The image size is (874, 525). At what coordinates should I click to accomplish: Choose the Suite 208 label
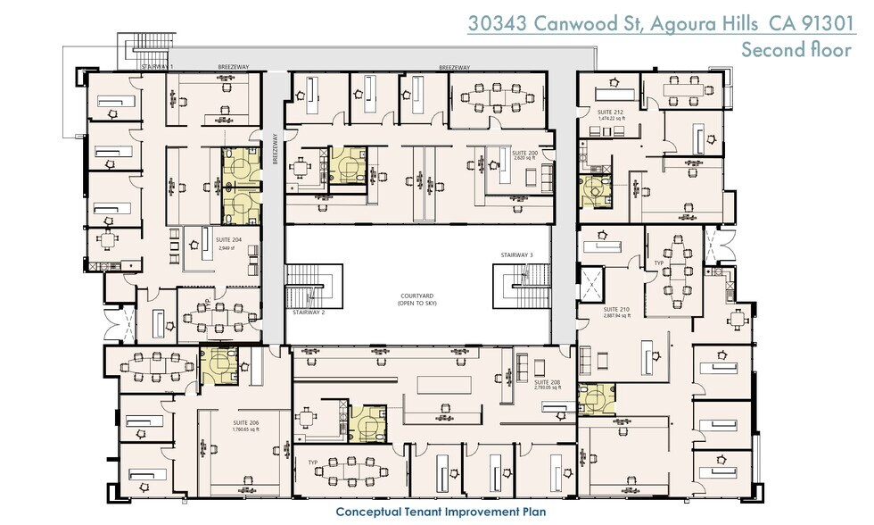click(x=548, y=383)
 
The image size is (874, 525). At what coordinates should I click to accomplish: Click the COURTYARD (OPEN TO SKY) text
click(x=416, y=301)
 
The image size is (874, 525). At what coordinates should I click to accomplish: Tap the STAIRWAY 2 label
click(x=309, y=313)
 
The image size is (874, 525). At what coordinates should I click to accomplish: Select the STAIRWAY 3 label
click(x=518, y=255)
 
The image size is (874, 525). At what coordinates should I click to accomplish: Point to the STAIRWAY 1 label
click(x=157, y=67)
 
